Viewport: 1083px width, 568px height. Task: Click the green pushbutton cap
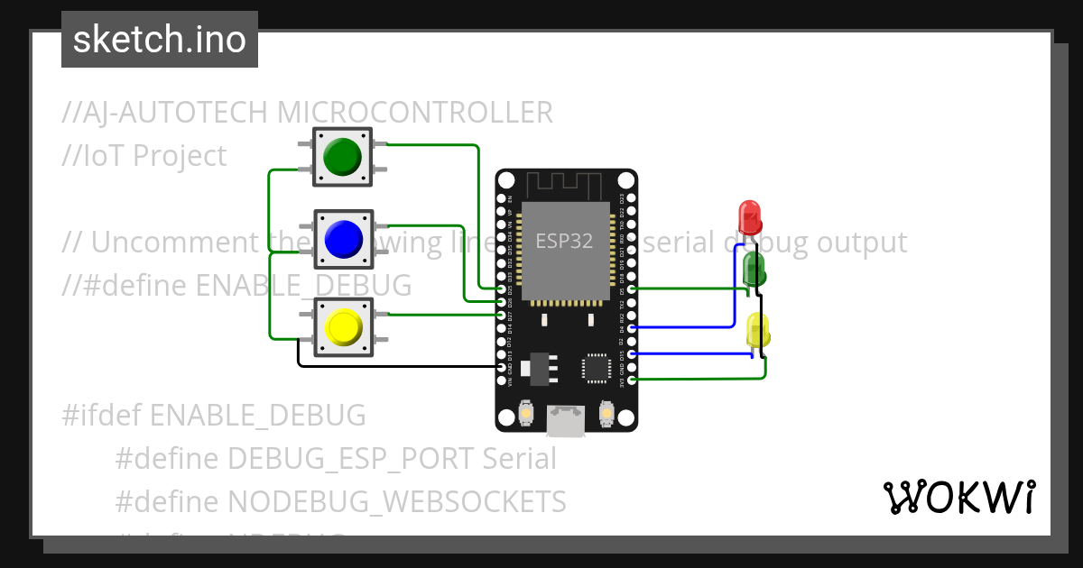point(342,157)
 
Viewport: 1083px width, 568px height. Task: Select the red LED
point(749,216)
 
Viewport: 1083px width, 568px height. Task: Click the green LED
point(754,268)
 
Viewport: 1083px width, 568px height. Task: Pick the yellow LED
point(758,329)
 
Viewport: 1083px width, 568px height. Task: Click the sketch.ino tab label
point(160,40)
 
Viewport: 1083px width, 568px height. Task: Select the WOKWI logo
point(958,497)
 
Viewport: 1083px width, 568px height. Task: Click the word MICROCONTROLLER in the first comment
point(414,113)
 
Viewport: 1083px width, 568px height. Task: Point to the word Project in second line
point(179,156)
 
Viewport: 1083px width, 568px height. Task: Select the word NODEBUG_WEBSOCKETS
point(396,501)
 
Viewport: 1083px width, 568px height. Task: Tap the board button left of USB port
point(525,414)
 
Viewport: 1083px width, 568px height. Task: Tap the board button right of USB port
point(606,414)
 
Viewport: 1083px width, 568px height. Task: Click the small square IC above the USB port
point(596,367)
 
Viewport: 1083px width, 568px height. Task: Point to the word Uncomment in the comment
point(161,243)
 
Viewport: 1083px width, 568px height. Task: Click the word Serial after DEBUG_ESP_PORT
point(519,459)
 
